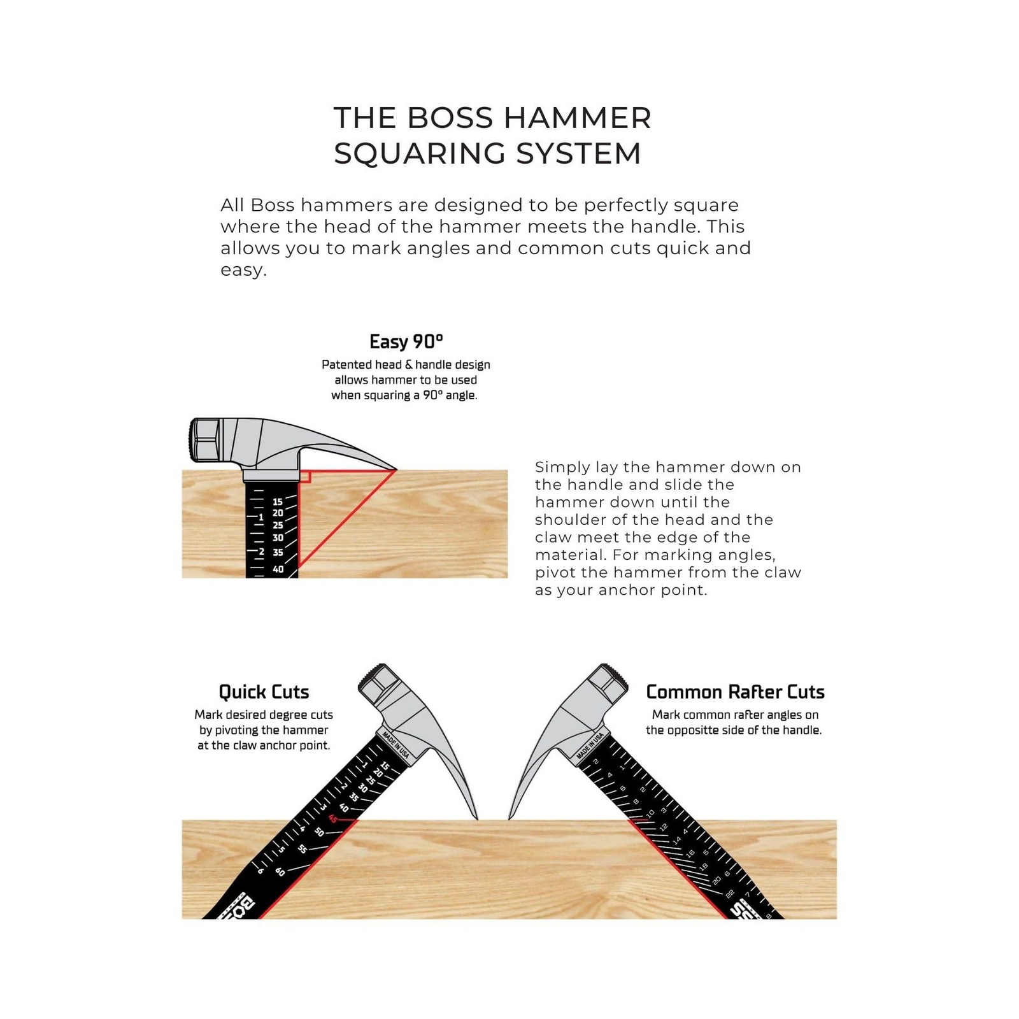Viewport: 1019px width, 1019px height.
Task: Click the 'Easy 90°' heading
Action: click(x=406, y=342)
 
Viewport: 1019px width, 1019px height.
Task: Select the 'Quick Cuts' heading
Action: click(x=264, y=692)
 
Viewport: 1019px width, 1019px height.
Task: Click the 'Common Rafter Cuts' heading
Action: click(x=735, y=692)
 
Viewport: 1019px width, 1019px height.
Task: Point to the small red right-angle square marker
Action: click(x=304, y=476)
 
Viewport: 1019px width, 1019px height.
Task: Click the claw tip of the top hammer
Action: click(x=395, y=470)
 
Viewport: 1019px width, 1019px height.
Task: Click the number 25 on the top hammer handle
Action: click(x=278, y=525)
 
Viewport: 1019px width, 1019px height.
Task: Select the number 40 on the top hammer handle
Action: click(x=278, y=569)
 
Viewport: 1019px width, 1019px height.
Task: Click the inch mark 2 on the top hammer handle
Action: click(x=261, y=552)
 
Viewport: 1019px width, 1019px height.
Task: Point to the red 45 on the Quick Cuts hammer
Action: click(x=332, y=819)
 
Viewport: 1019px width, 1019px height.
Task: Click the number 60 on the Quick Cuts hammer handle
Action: click(x=280, y=872)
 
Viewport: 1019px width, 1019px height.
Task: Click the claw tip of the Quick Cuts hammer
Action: click(x=476, y=818)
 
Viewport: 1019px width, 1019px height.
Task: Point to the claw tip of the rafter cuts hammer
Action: click(x=509, y=818)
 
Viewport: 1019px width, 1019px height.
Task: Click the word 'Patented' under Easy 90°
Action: click(x=346, y=365)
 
